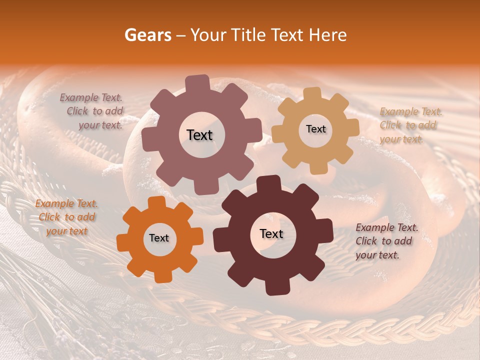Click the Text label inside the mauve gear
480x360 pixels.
pos(199,135)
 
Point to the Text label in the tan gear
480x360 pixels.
pos(315,129)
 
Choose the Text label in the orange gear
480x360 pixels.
pos(159,238)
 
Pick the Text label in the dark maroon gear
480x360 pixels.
pos(271,233)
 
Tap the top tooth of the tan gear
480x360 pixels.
pos(312,94)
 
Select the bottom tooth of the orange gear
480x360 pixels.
pos(162,275)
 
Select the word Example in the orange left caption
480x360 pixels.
pos(54,203)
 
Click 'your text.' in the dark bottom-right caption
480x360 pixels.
pos(377,255)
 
